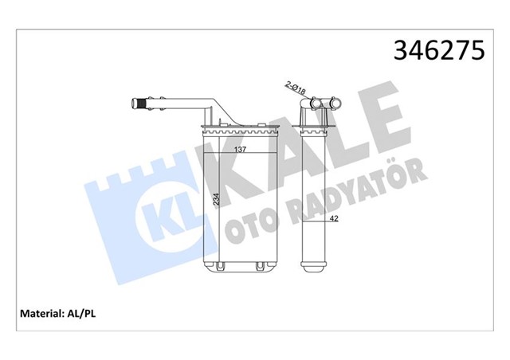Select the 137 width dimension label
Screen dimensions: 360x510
[x=238, y=149]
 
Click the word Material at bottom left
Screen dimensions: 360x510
[x=37, y=314]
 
